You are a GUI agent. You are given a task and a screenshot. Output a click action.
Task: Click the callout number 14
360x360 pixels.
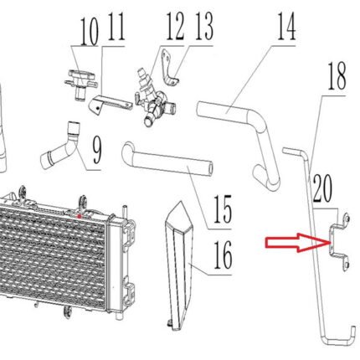click(286, 28)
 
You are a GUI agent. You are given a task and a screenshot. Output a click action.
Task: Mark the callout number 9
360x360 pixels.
click(96, 151)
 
